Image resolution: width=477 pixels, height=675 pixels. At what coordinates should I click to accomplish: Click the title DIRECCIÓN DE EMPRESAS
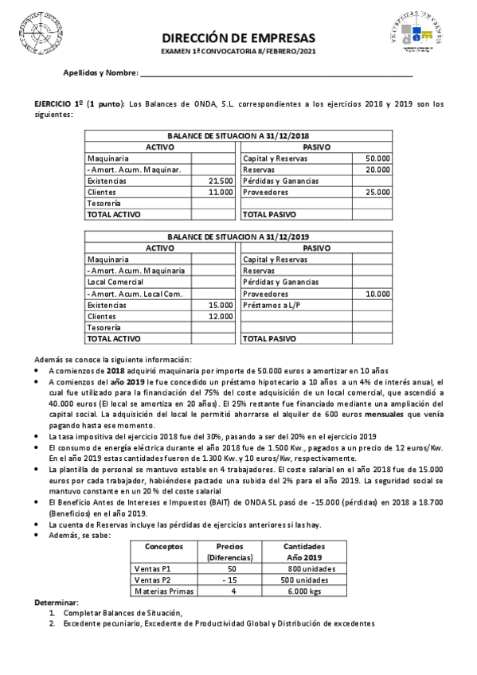[238, 37]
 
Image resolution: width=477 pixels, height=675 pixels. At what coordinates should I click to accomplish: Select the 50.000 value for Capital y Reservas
[377, 158]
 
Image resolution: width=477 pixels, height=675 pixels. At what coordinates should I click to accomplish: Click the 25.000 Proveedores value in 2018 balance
[377, 192]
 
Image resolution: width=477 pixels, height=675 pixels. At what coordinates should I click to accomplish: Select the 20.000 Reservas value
[377, 170]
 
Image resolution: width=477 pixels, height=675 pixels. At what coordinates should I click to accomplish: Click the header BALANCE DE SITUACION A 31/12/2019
[239, 236]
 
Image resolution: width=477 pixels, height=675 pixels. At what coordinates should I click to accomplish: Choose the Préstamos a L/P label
[271, 305]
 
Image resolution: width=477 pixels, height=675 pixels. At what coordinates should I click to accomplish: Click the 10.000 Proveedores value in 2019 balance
[377, 294]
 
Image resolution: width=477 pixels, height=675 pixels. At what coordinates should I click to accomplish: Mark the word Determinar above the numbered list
[56, 602]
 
